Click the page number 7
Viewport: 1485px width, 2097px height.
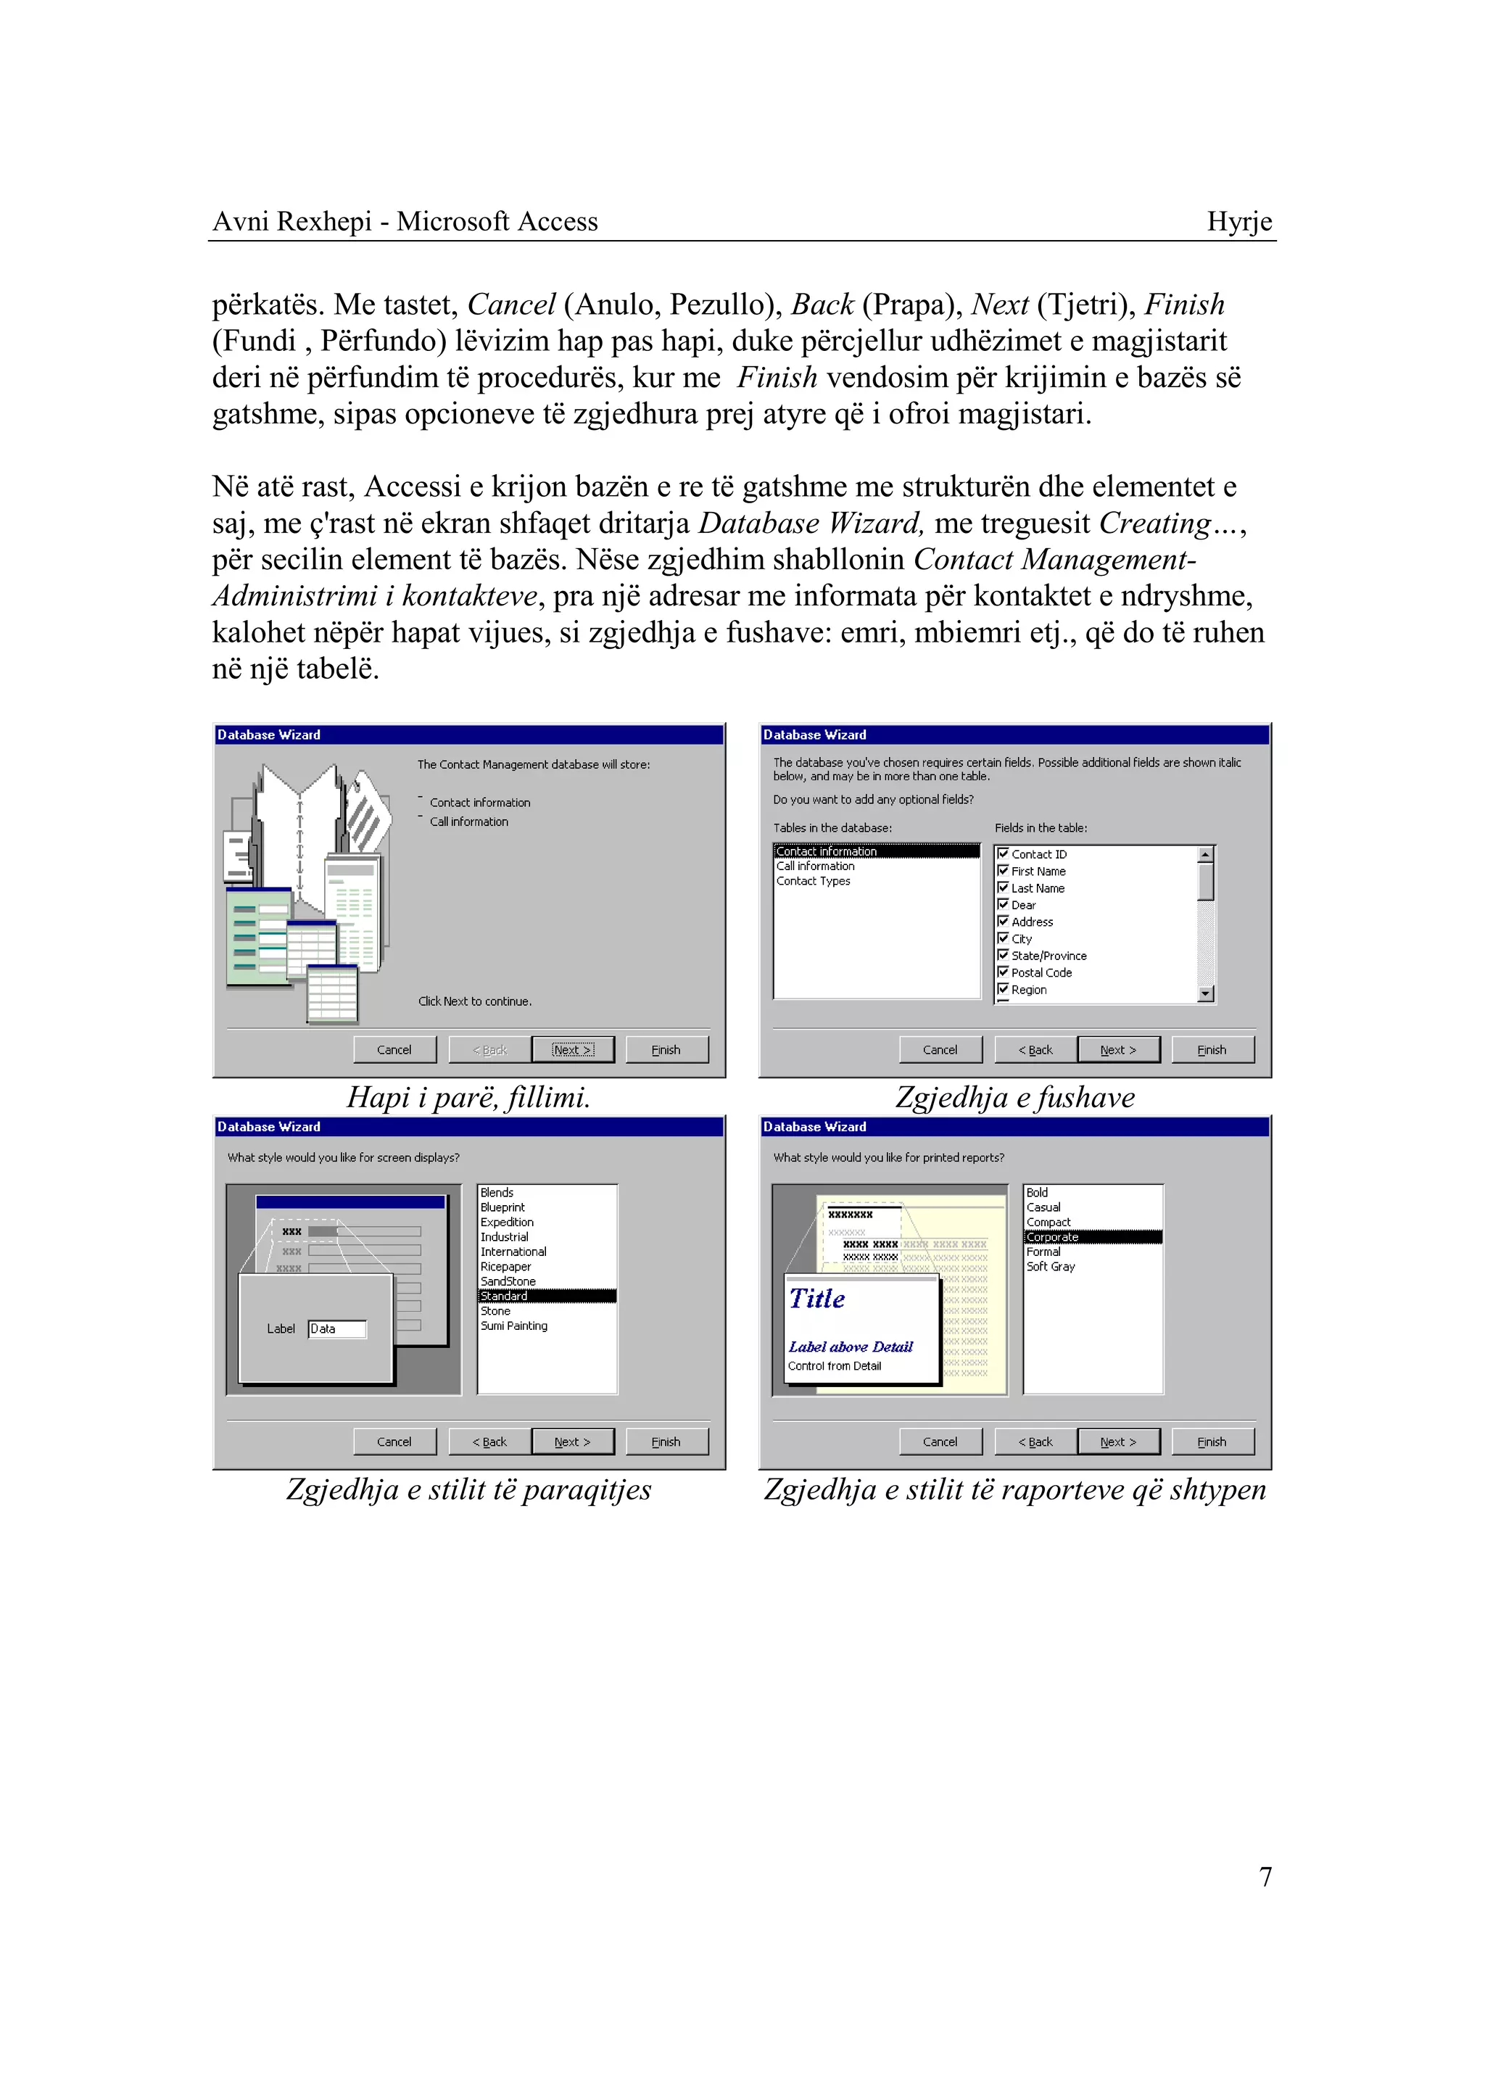click(1265, 1877)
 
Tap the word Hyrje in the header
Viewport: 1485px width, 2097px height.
click(1239, 221)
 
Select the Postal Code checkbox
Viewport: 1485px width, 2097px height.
click(1003, 972)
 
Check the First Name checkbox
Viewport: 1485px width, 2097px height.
click(1003, 871)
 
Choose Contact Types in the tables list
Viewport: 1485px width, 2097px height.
click(813, 881)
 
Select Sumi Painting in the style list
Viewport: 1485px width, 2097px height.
click(514, 1326)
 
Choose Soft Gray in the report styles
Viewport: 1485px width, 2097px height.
click(1050, 1267)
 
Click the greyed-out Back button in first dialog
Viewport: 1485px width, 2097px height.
click(489, 1050)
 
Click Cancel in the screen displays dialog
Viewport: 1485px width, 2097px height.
click(394, 1442)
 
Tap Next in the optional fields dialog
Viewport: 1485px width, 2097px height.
click(1117, 1050)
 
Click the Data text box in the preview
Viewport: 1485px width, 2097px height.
click(336, 1329)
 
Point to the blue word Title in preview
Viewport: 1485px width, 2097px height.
click(816, 1299)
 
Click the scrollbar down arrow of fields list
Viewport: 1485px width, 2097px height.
click(1205, 994)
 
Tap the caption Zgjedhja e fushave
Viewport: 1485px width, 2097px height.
click(1014, 1096)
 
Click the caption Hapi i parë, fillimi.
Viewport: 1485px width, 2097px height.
click(468, 1096)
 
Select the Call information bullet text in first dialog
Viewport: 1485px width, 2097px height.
click(468, 822)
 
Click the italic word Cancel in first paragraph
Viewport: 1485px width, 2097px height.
click(511, 305)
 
